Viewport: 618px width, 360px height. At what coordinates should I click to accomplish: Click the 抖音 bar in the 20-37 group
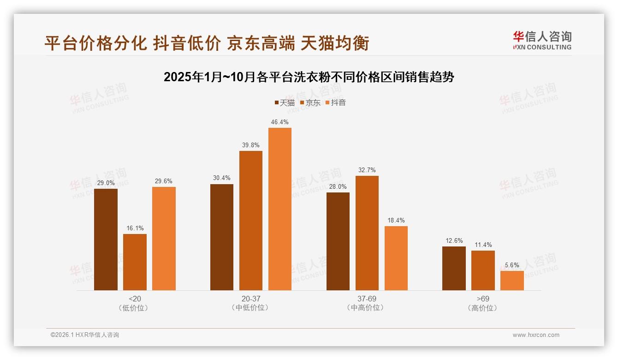[280, 209]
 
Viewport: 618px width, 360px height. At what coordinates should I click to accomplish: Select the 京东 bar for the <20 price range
[135, 262]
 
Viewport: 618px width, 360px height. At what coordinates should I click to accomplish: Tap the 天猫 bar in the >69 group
[454, 268]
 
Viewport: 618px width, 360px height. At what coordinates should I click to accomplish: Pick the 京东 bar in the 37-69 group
[367, 233]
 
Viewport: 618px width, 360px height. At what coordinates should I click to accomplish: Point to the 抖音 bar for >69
[512, 281]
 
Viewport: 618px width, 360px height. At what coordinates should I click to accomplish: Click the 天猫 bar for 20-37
[222, 237]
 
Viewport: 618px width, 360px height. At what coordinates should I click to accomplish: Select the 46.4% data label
[280, 122]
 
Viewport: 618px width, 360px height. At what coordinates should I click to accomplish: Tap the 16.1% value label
[135, 228]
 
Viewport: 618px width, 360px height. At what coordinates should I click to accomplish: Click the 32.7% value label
[367, 170]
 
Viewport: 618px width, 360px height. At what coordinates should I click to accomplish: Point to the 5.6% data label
[512, 265]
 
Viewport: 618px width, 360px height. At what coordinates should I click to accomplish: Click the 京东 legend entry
[310, 102]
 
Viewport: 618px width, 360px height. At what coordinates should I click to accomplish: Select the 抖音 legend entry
[335, 102]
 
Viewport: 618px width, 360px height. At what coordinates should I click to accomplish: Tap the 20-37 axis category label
[250, 299]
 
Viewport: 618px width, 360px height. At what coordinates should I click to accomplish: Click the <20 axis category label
[135, 299]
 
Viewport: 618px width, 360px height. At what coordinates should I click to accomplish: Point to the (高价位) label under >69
[483, 308]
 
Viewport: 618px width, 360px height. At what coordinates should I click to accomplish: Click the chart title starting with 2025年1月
[309, 77]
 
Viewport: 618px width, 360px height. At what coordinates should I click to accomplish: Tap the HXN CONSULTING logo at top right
[542, 40]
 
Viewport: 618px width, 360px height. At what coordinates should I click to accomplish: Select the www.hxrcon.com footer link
[536, 335]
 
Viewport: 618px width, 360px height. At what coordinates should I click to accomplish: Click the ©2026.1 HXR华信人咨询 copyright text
[85, 335]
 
